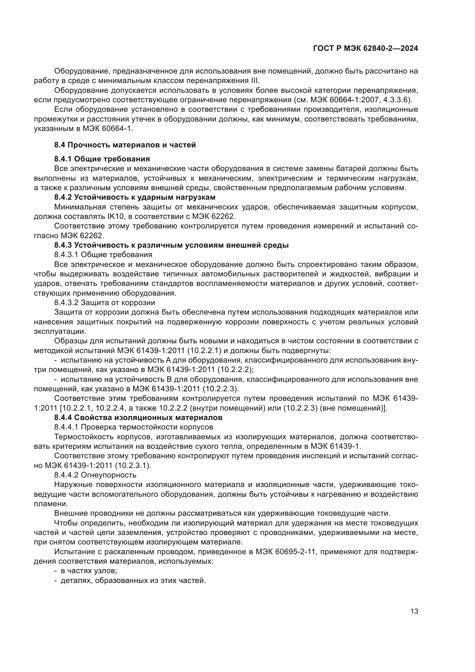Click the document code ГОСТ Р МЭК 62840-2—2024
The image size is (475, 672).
(x=365, y=48)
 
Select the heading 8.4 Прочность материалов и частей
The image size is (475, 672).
(x=125, y=145)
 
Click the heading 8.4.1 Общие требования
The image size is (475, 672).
(x=102, y=159)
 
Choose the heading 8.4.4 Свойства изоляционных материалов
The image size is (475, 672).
(x=138, y=417)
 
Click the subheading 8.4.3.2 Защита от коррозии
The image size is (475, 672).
(x=105, y=302)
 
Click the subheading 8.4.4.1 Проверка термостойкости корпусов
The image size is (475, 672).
(x=133, y=427)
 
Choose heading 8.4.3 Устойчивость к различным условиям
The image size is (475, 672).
(x=171, y=245)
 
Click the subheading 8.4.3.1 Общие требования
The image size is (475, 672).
(x=103, y=254)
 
